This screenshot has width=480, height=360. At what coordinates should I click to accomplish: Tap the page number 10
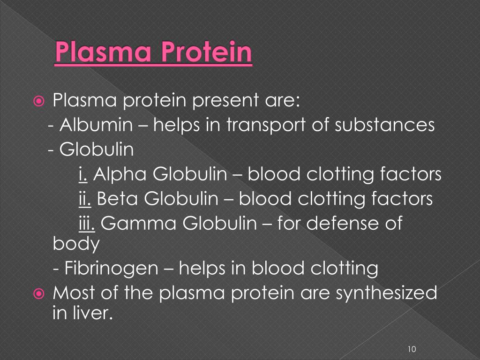pyautogui.click(x=412, y=349)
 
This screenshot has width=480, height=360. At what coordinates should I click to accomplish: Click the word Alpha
pyautogui.click(x=120, y=174)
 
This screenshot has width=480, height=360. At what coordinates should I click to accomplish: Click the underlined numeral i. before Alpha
pyautogui.click(x=83, y=174)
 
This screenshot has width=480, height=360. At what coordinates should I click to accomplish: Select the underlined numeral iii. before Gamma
pyautogui.click(x=87, y=223)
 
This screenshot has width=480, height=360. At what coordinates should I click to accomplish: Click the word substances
pyautogui.click(x=385, y=125)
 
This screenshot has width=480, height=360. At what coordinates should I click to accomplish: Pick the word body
pyautogui.click(x=76, y=244)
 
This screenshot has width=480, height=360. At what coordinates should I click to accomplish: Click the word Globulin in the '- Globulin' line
pyautogui.click(x=97, y=150)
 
